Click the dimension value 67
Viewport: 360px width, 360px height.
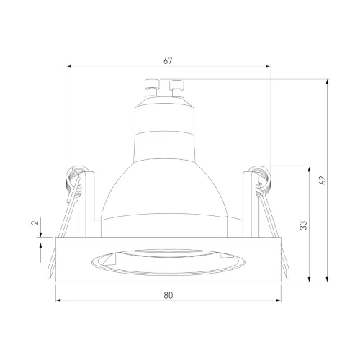tap(168, 61)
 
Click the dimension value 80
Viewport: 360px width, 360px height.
tap(168, 295)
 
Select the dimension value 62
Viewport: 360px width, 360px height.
tap(323, 180)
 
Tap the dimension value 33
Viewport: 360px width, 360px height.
tap(304, 225)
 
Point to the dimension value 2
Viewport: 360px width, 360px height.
tap(35, 222)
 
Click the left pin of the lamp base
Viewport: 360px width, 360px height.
tap(152, 88)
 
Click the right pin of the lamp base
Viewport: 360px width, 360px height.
tap(176, 89)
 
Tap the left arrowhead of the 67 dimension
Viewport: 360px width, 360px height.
tap(69, 66)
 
